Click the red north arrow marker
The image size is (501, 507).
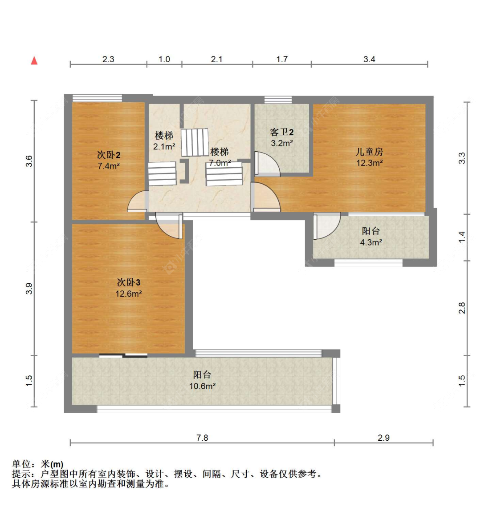click(34, 60)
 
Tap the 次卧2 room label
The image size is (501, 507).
click(109, 155)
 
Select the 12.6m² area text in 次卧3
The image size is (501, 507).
click(128, 294)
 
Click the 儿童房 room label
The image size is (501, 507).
click(369, 152)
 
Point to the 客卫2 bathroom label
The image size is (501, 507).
click(281, 132)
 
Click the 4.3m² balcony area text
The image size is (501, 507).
click(371, 243)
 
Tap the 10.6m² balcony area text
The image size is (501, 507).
click(202, 386)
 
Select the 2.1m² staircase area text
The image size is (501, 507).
click(164, 147)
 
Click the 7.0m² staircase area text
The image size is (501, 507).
click(220, 163)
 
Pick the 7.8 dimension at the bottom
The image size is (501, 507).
click(202, 438)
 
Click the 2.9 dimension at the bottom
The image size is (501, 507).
click(383, 438)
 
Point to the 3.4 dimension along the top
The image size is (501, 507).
click(369, 59)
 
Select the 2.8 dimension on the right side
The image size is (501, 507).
click(462, 308)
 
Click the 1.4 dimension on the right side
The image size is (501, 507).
click(462, 237)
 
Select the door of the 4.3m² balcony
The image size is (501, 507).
click(326, 226)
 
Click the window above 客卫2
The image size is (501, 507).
click(278, 100)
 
